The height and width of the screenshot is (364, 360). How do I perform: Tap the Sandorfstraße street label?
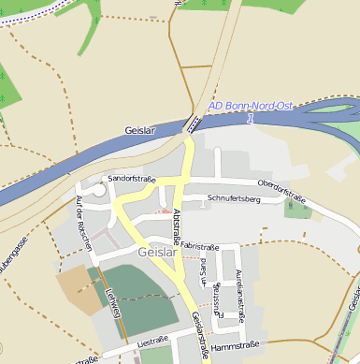pos(131,178)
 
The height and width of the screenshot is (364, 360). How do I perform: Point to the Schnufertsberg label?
pos(234,199)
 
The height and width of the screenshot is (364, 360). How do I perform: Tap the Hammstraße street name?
pos(233,346)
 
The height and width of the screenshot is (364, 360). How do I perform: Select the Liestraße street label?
pos(151,342)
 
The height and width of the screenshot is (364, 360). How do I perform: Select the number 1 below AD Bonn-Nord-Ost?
pos(250,119)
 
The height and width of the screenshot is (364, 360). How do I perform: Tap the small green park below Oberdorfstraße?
pos(297,209)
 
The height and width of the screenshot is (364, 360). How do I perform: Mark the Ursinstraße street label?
pos(217,301)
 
